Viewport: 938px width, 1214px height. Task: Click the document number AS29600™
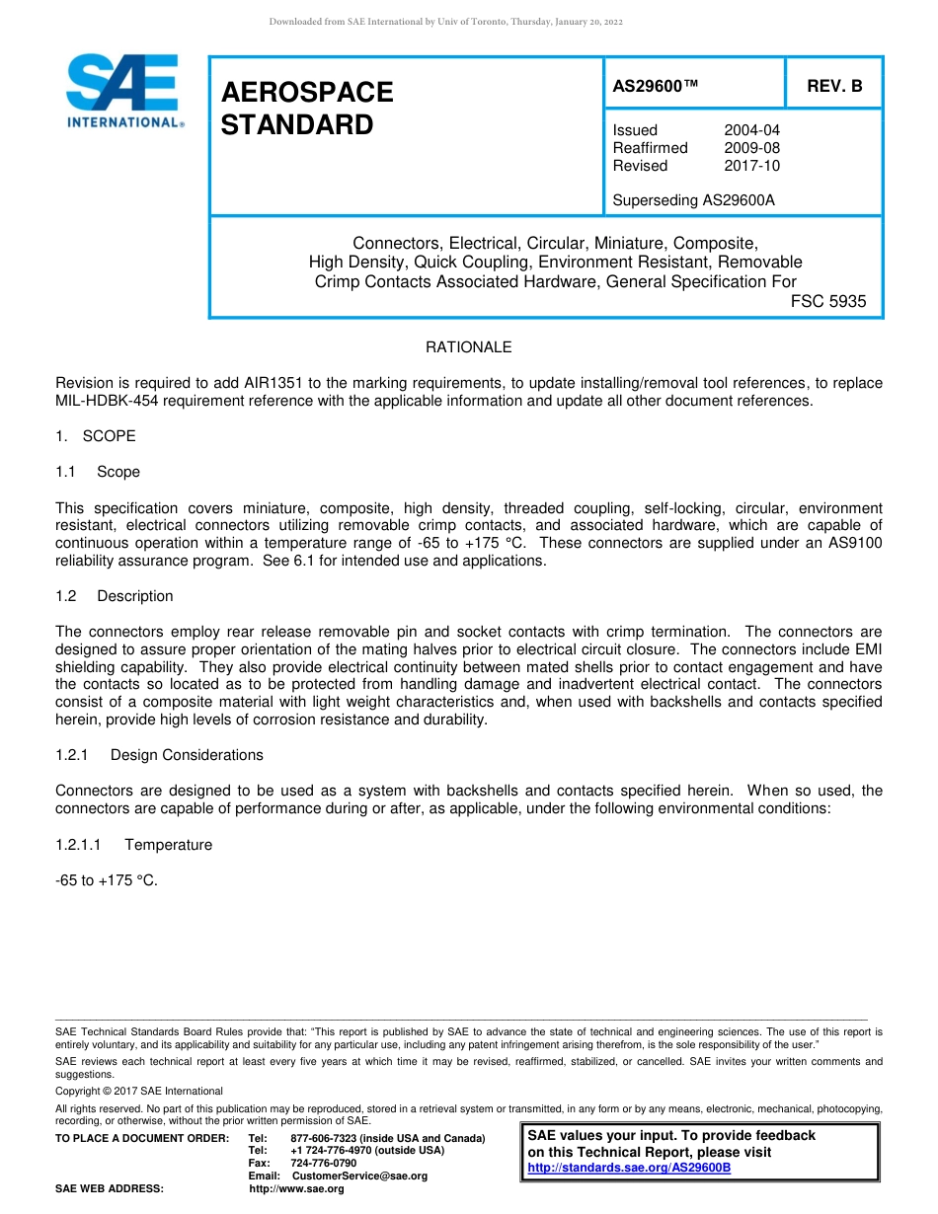[x=656, y=86]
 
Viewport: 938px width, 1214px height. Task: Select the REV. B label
[x=834, y=86]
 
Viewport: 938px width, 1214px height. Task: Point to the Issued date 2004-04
[x=751, y=130]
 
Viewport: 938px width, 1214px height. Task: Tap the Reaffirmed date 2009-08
[x=751, y=148]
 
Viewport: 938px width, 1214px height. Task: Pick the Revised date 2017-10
[x=751, y=166]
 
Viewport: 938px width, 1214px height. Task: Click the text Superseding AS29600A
[x=693, y=200]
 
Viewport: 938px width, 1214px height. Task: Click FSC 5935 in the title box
[x=828, y=302]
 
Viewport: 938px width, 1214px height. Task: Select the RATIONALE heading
[x=468, y=347]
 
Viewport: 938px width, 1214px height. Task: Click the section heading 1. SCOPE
[x=96, y=436]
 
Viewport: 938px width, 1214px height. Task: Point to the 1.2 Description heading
[x=115, y=596]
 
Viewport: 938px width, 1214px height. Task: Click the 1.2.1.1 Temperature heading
[x=134, y=845]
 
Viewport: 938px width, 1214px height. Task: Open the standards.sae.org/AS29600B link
[x=629, y=1168]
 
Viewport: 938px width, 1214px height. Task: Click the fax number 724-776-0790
[x=323, y=1163]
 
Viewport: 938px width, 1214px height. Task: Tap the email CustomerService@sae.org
[x=359, y=1176]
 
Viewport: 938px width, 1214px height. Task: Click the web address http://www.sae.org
[x=296, y=1188]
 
